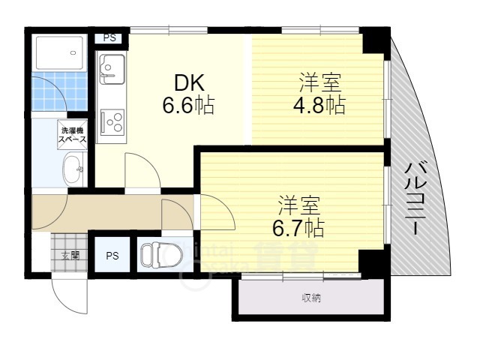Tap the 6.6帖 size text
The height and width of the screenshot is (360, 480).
(189, 105)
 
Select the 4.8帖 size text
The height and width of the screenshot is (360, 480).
(319, 105)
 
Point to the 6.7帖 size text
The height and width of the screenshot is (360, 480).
(298, 224)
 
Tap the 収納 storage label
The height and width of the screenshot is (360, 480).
(311, 298)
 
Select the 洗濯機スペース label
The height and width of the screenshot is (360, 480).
(73, 136)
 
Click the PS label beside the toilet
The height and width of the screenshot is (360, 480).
(111, 255)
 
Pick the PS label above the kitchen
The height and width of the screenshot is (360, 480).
(109, 37)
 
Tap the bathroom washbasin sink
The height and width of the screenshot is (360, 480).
(73, 169)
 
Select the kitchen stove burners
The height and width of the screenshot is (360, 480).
(112, 120)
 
